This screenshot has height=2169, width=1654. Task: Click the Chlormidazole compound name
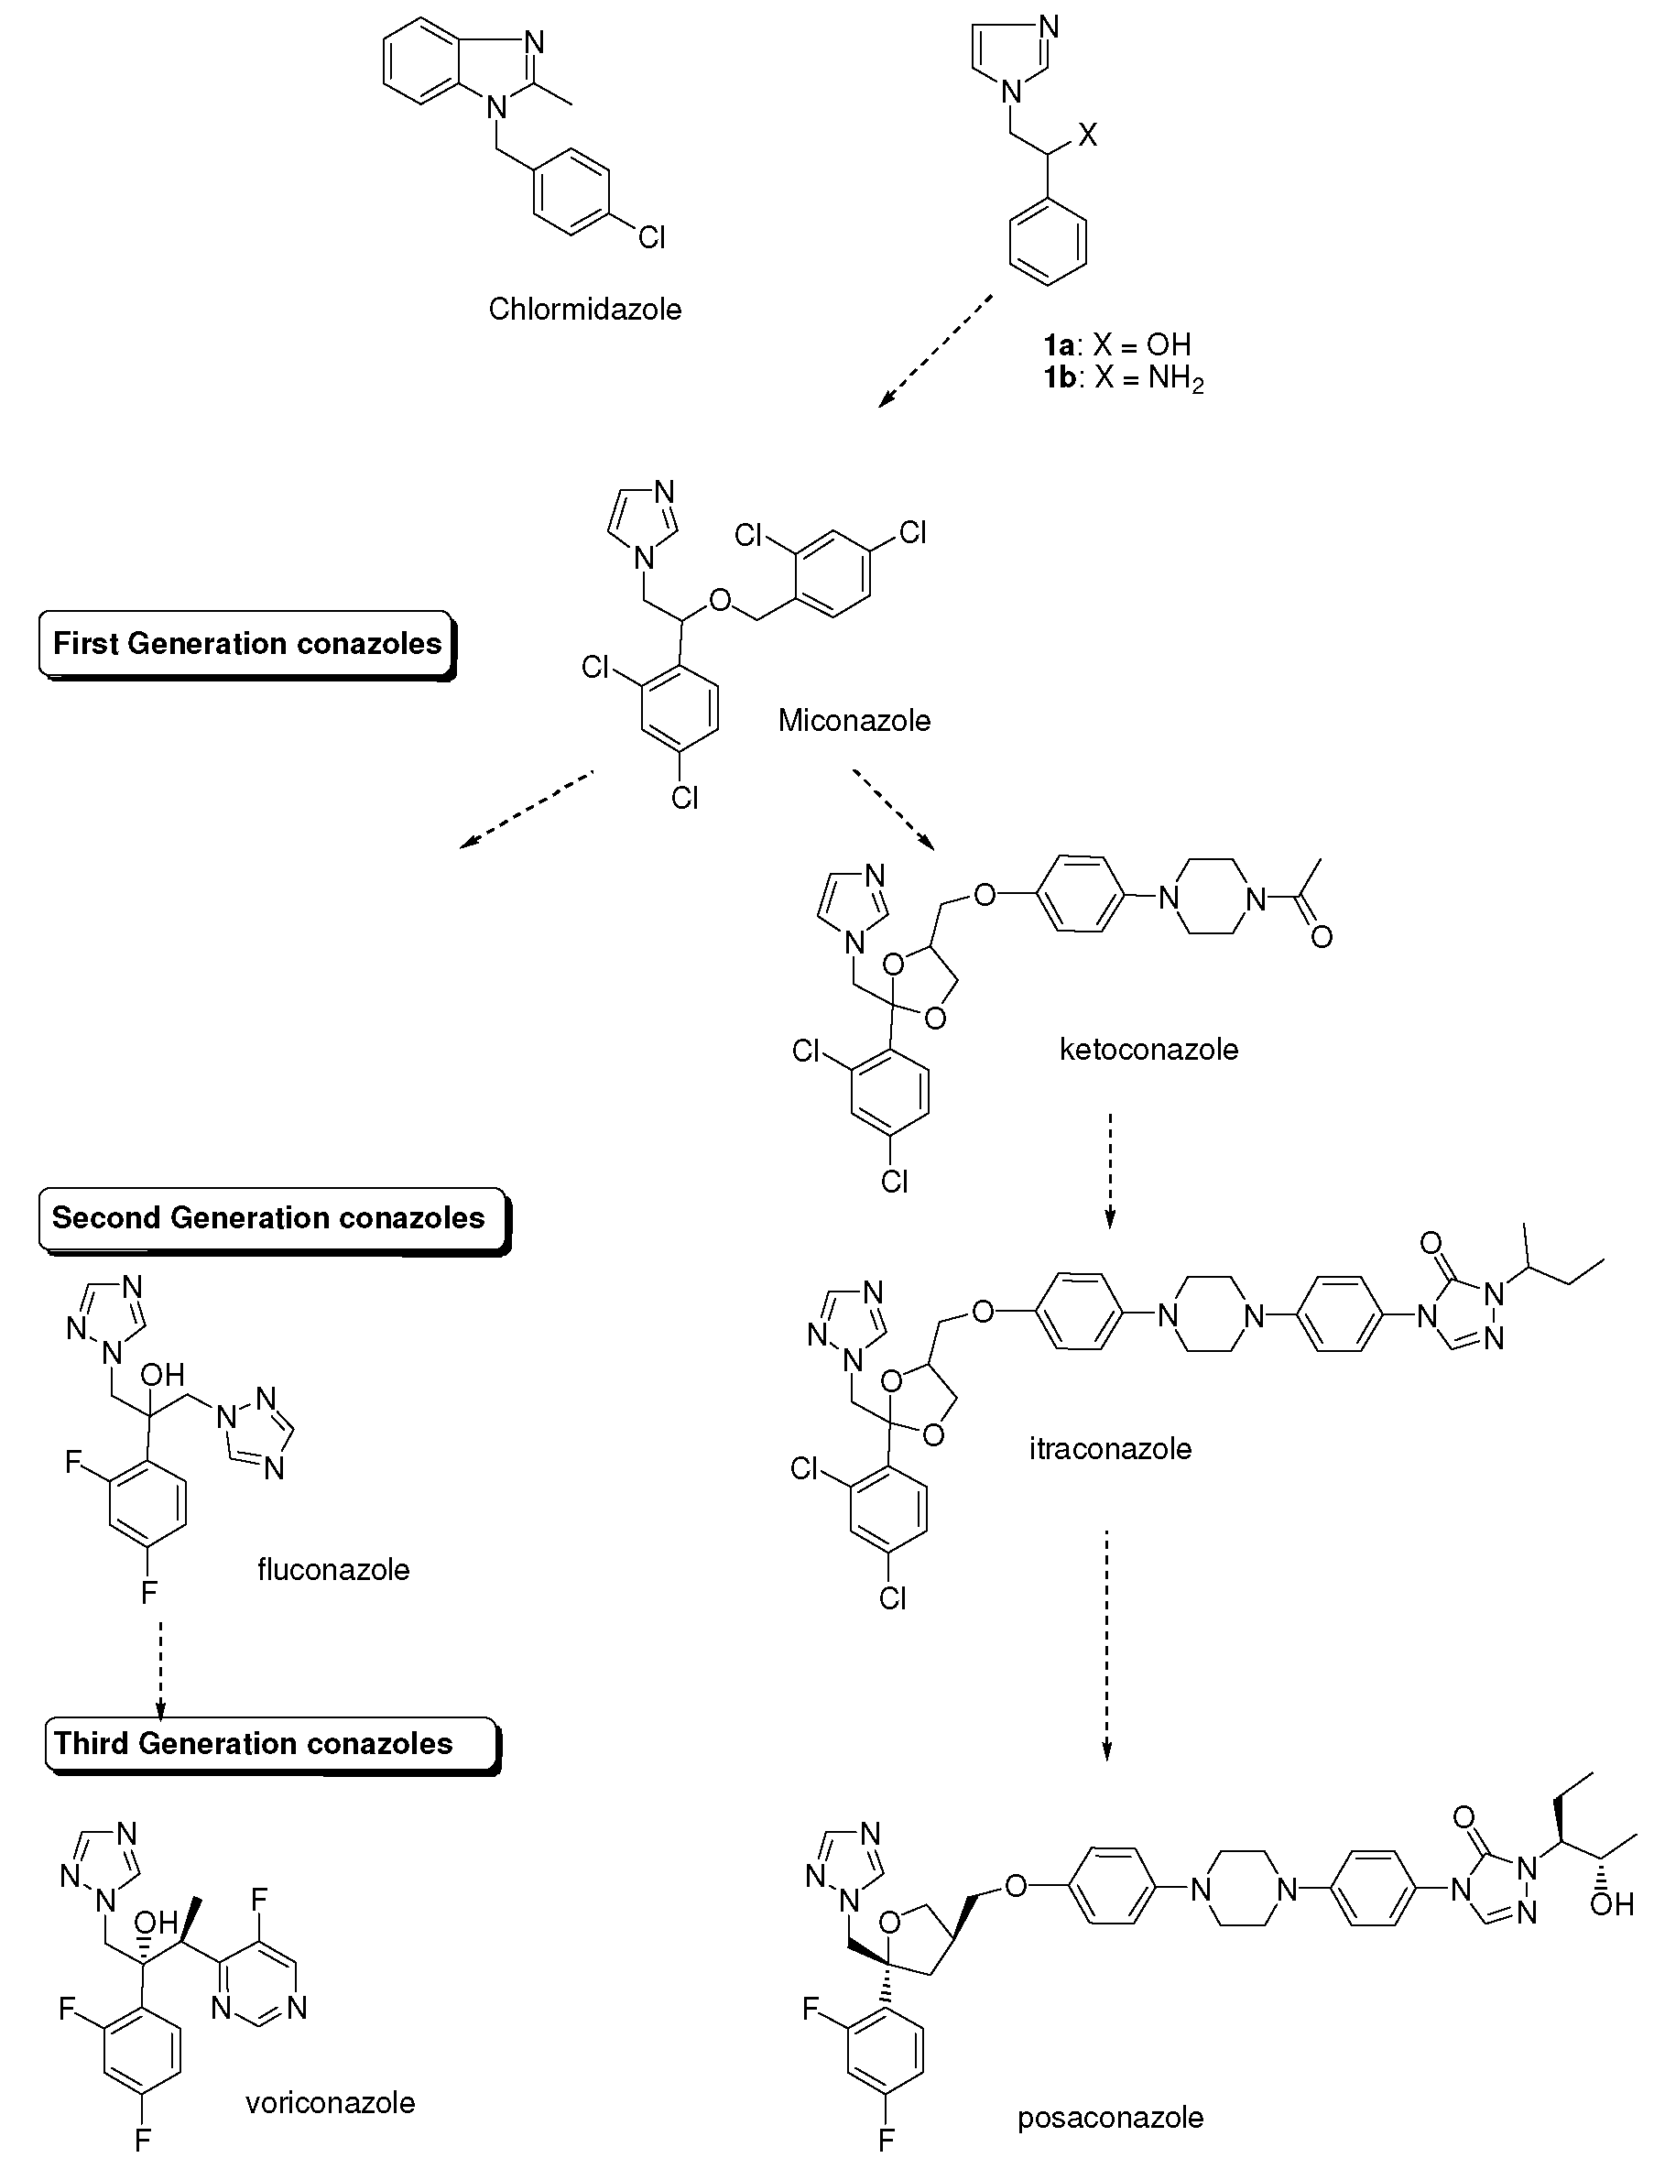[x=585, y=310]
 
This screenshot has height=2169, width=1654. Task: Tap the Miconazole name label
[x=854, y=720]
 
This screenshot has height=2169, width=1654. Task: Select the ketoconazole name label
[x=1148, y=1049]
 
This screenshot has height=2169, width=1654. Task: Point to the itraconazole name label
[x=1110, y=1448]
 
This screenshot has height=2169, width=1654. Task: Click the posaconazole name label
[x=1110, y=2117]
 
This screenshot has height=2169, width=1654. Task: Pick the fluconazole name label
[x=332, y=1568]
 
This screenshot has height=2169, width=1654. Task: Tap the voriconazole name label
[x=330, y=2102]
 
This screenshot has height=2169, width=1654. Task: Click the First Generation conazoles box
[x=246, y=644]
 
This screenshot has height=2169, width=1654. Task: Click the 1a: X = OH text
[x=1117, y=344]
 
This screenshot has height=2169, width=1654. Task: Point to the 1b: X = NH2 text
[x=1124, y=379]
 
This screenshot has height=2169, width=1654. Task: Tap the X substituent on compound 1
[x=1087, y=136]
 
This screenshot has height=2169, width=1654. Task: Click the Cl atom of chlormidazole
[x=652, y=237]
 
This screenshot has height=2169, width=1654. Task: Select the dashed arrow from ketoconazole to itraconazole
[x=1110, y=1171]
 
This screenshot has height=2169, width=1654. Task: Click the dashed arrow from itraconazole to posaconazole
[x=1106, y=1643]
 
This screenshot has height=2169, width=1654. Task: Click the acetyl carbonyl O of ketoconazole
[x=1322, y=936]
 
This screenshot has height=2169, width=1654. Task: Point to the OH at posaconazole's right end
[x=1612, y=1904]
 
